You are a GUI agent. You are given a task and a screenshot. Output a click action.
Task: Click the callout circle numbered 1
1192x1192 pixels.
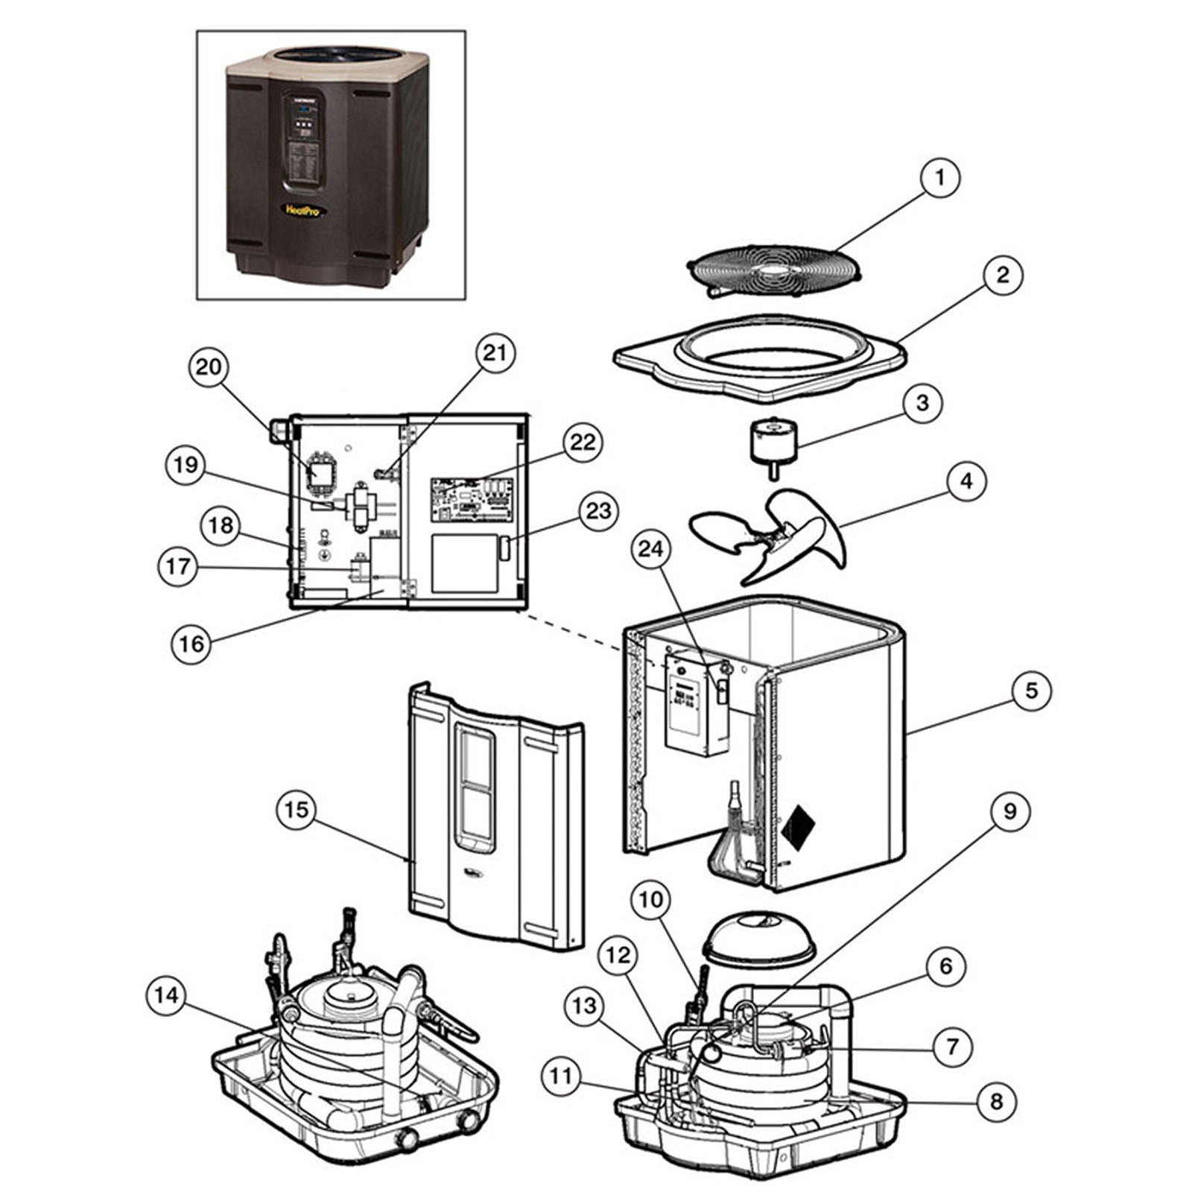coord(939,178)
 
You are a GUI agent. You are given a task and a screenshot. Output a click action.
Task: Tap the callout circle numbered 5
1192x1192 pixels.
coord(1031,690)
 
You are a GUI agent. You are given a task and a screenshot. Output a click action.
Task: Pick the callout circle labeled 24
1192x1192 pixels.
coord(650,549)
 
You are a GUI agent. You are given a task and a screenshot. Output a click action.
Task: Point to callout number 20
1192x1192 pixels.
coord(209,367)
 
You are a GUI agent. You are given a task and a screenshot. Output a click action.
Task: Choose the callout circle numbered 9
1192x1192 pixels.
coord(1009,811)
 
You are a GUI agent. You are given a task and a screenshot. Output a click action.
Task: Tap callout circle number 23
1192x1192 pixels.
coord(598,511)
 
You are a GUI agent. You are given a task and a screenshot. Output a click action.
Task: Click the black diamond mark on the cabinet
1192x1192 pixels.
coord(797,825)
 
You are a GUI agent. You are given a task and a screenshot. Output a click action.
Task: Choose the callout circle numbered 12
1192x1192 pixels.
coord(618,956)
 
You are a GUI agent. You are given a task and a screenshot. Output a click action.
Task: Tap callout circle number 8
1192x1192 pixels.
coord(997,1101)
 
